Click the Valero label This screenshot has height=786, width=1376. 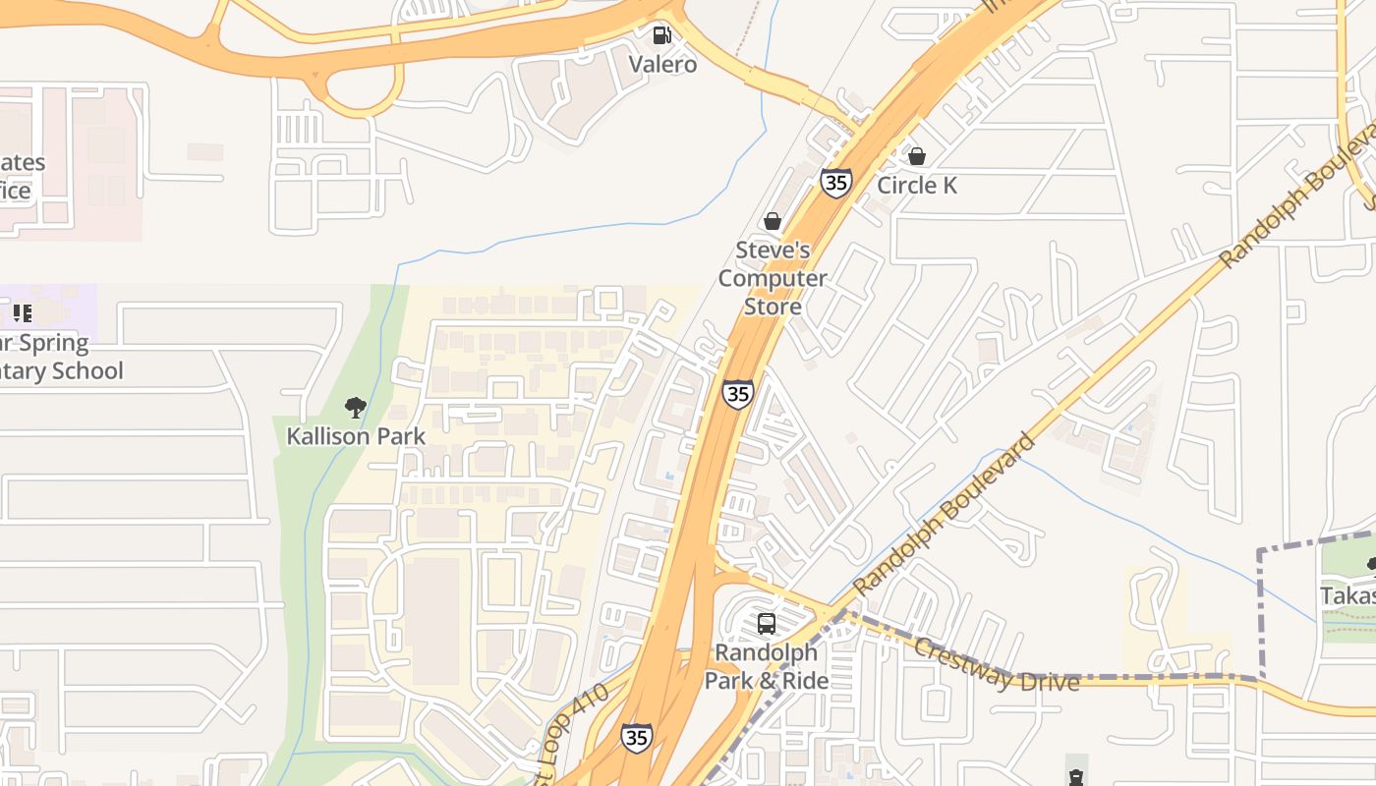coord(663,65)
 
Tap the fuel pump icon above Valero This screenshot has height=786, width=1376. coord(662,35)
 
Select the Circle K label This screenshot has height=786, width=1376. coord(916,185)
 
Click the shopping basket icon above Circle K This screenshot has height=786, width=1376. coord(917,156)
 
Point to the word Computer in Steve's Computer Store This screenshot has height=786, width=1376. coord(773,278)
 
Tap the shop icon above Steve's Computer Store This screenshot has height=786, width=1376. coord(773,221)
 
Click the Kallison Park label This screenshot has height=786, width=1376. coord(356,435)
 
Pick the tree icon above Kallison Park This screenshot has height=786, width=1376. coord(356,407)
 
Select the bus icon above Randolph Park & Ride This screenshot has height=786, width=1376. coord(767,623)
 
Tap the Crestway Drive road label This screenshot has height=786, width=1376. coord(996,665)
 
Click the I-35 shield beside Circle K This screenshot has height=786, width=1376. coord(835,183)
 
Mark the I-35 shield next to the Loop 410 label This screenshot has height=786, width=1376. coord(636,737)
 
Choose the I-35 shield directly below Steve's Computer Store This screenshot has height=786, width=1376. coord(738,394)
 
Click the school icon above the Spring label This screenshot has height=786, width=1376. coord(23,313)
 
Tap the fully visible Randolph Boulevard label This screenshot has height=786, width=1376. coord(944,514)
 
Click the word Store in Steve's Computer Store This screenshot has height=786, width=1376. coord(773,307)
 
